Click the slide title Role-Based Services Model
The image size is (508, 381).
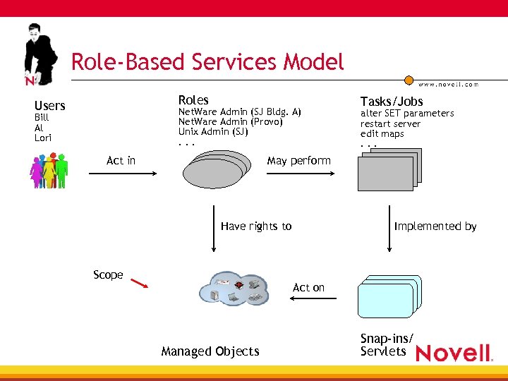pos(207,61)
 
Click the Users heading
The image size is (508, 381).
pos(49,106)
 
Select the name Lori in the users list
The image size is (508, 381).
pos(42,138)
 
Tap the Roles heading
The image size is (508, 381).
pos(193,100)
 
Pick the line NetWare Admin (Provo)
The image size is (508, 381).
pos(230,121)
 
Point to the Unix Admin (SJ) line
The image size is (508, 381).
pos(213,131)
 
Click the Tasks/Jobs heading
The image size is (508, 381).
pos(392,102)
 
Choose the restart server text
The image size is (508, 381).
pos(390,123)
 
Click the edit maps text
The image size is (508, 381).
pos(382,133)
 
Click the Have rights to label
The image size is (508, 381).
pos(255,226)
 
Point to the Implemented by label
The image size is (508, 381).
pos(435,226)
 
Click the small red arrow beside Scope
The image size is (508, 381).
pos(139,284)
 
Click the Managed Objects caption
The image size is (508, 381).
pos(210,351)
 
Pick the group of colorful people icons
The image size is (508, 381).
pos(49,170)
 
